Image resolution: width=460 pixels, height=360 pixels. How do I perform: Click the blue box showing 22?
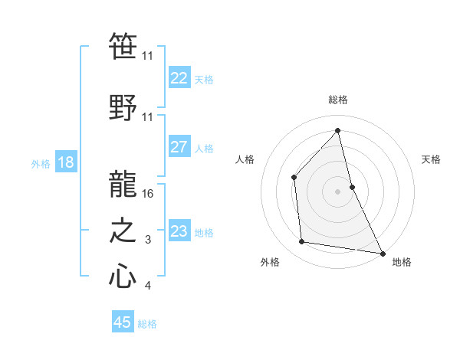click(x=179, y=78)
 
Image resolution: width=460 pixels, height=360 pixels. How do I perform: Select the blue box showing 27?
click(x=179, y=148)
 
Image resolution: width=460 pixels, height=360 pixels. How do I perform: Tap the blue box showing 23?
click(x=179, y=232)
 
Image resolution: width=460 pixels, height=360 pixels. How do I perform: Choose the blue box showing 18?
click(x=66, y=162)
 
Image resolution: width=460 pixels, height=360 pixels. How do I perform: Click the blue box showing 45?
click(x=123, y=322)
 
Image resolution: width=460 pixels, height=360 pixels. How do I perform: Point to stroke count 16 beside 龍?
click(x=149, y=193)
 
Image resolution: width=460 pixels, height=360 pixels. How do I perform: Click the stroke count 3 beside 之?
click(x=147, y=241)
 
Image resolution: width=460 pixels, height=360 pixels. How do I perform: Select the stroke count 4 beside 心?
click(x=147, y=286)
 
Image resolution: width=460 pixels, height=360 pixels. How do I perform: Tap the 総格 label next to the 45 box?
click(x=147, y=324)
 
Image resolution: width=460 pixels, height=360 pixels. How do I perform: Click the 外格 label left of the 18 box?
click(x=40, y=164)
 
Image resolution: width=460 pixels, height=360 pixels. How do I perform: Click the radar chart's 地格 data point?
click(x=381, y=252)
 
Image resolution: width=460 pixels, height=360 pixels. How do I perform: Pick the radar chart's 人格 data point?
click(x=294, y=178)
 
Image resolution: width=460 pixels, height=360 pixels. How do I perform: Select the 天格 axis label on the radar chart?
click(x=431, y=159)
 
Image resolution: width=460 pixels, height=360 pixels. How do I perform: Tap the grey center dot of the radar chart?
click(x=337, y=191)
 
